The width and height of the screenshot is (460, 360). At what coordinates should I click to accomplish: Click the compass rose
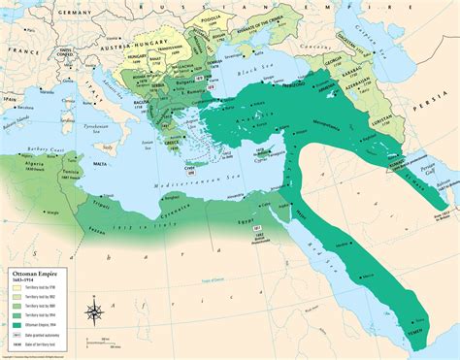93,311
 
